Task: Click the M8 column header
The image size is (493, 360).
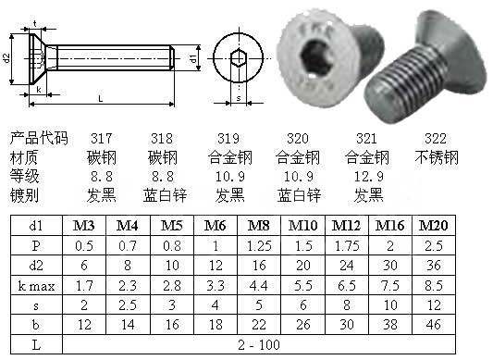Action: (x=258, y=225)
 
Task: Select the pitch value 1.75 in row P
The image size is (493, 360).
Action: (x=347, y=246)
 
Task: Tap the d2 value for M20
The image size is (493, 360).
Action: (x=433, y=266)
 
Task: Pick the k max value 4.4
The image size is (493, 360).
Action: (x=258, y=286)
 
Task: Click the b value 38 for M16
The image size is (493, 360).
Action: (x=390, y=325)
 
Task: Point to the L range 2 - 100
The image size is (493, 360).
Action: (x=259, y=345)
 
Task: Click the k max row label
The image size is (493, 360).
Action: (x=36, y=286)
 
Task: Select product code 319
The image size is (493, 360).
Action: (x=228, y=139)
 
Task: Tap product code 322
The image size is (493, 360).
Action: (x=436, y=139)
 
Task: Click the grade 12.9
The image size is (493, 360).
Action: (x=368, y=177)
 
